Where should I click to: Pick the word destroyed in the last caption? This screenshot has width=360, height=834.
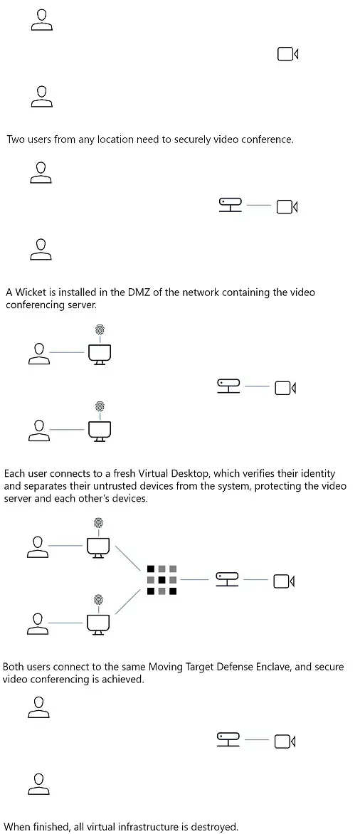212,827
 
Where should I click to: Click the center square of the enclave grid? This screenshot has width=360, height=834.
162,580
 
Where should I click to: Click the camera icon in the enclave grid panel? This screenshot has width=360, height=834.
284,581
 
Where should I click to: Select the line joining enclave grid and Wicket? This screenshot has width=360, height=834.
194,580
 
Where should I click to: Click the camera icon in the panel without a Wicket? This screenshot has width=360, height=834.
287,53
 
